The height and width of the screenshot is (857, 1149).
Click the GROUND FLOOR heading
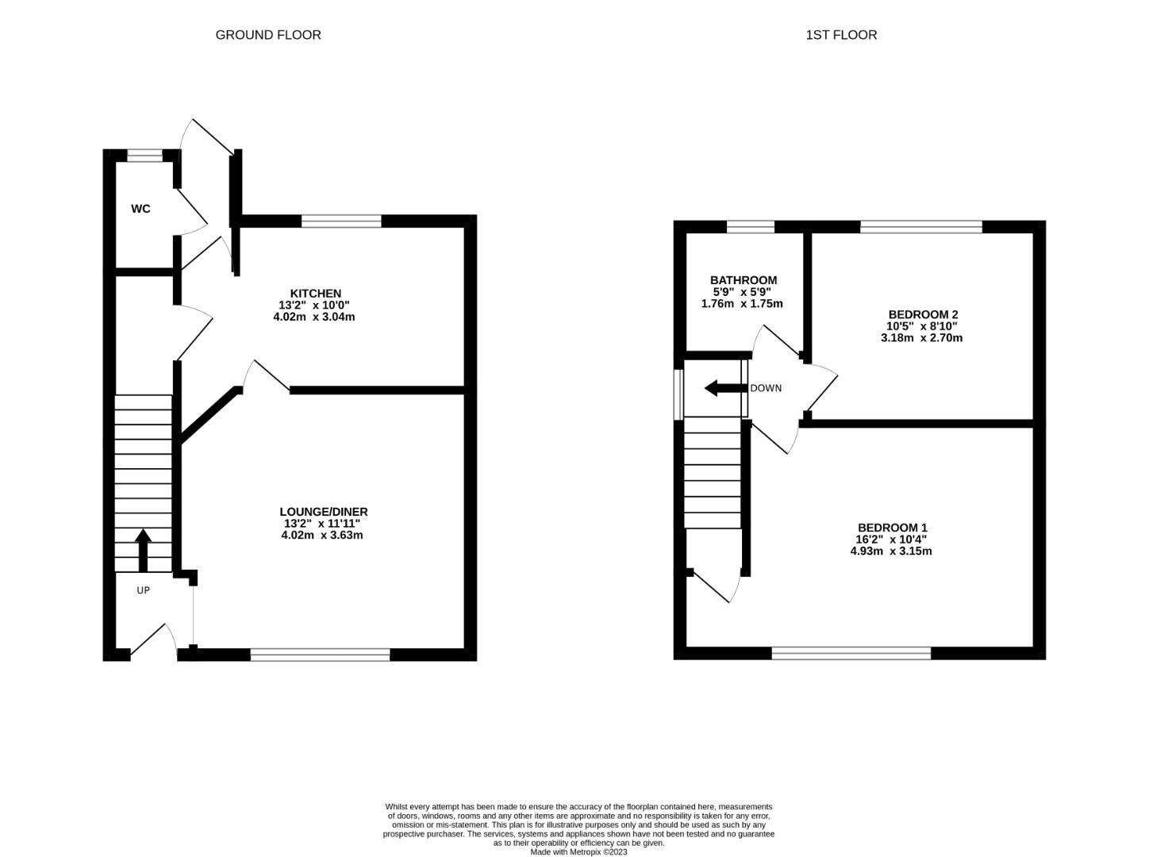coord(268,35)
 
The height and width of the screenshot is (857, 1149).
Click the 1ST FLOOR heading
coord(840,35)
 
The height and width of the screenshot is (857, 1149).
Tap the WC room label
coord(140,209)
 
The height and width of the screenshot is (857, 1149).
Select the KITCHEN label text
coord(316,293)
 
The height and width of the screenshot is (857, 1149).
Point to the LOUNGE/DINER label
coord(324,512)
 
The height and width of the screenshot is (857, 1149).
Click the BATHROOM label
coord(744,280)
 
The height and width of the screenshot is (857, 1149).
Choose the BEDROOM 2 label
coord(924,314)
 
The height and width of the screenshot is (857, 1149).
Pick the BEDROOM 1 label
coord(893,528)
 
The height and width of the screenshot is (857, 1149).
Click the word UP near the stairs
coord(143,590)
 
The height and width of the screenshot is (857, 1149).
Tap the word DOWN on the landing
coord(766,388)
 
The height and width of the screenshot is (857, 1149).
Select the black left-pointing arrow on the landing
coord(726,388)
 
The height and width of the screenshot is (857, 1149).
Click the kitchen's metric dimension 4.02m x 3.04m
coord(314,317)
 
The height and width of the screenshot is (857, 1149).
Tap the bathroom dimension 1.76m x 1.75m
coord(742,304)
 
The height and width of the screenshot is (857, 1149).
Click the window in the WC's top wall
coord(145,156)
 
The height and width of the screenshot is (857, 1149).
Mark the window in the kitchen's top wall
coord(341,221)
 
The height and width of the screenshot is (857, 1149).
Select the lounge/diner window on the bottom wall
coord(321,655)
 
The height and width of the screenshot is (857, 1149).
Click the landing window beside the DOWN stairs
coord(678,394)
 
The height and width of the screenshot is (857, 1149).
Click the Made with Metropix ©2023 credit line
coord(578,851)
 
